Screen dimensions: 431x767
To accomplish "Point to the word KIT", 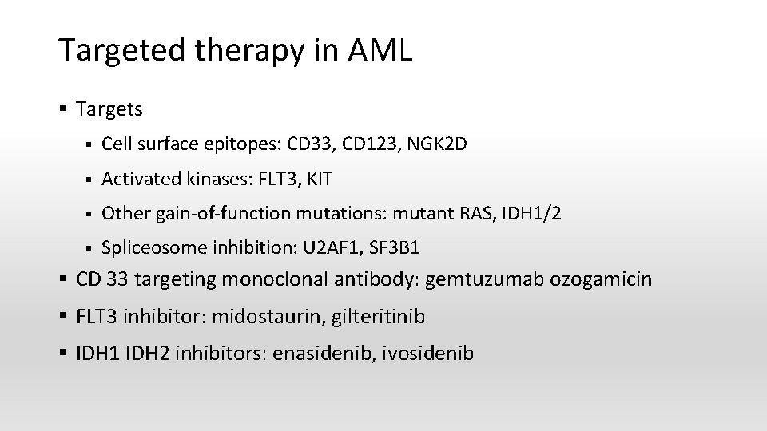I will (317, 180).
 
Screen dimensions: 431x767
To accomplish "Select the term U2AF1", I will (329, 248).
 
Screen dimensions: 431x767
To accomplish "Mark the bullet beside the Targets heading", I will (64, 108).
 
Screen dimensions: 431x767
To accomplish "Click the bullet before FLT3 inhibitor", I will (64, 317).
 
